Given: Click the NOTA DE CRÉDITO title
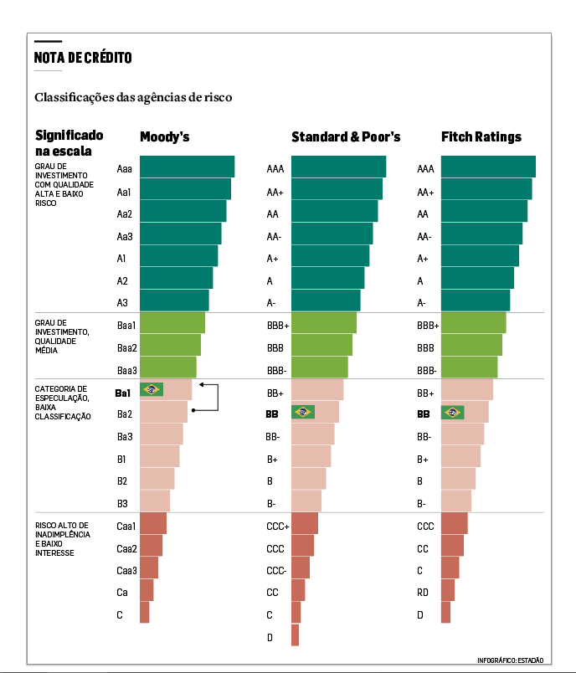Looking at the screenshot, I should (83, 58).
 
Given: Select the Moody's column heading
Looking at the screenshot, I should (164, 136).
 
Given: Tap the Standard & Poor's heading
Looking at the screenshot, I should (346, 136).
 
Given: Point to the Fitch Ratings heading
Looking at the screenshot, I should (481, 136).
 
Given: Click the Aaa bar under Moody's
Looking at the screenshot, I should (187, 167).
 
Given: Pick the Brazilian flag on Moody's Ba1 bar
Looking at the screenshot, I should (152, 389).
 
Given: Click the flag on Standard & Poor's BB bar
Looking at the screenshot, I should (302, 412).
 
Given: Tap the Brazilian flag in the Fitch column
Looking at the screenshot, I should (453, 412).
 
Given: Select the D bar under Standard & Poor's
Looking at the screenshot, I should (295, 635).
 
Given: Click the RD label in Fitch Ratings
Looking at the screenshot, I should (424, 593).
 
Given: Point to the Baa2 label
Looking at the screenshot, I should (127, 347).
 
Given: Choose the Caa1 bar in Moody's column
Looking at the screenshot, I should (153, 523).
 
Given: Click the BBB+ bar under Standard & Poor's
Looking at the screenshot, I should (324, 323).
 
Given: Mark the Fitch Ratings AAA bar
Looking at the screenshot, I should (488, 167).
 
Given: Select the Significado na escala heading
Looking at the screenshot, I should (69, 143).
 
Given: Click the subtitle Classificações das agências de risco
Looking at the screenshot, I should (133, 98).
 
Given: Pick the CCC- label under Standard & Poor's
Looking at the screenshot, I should (276, 571).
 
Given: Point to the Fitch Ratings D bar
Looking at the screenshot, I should (445, 613).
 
